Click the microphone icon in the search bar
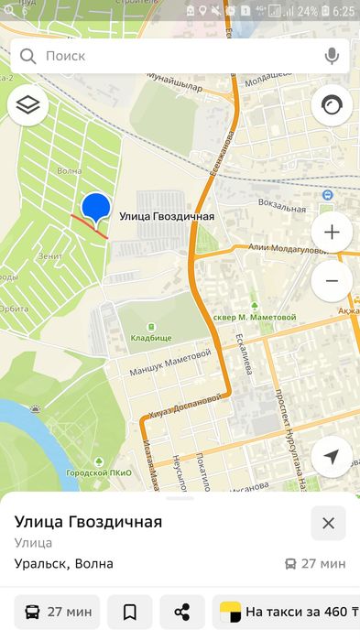click(x=331, y=56)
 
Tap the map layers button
click(x=27, y=106)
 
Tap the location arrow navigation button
click(x=332, y=457)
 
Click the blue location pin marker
click(x=96, y=208)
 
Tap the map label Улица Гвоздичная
click(x=167, y=217)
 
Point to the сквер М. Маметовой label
click(x=255, y=317)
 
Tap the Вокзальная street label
click(x=281, y=205)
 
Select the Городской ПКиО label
click(x=98, y=472)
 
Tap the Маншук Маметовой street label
click(x=171, y=360)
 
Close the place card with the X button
click(x=328, y=523)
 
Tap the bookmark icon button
click(x=129, y=612)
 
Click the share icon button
click(x=182, y=612)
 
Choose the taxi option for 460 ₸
click(x=286, y=612)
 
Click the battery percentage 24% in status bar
click(x=307, y=11)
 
